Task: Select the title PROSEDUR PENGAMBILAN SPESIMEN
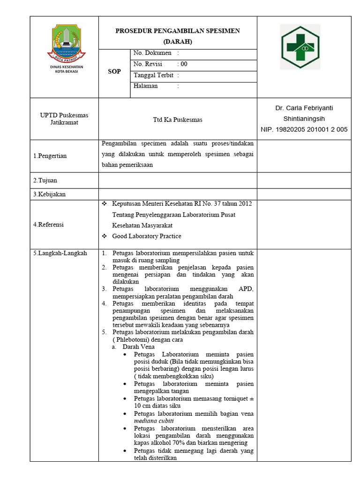click(178, 31)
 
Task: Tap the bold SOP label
click(114, 72)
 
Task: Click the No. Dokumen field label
click(152, 53)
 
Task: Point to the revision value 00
click(184, 64)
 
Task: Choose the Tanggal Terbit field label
click(153, 75)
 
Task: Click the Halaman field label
click(146, 86)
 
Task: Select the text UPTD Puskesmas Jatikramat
click(64, 119)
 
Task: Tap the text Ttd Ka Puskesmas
click(178, 120)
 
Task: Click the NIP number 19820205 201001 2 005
click(304, 130)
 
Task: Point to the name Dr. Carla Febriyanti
click(304, 108)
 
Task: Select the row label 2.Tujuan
click(45, 180)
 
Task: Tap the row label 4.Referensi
click(48, 225)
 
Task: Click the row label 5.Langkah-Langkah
click(60, 253)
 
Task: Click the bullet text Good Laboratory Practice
click(146, 236)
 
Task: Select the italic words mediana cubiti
click(153, 421)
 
